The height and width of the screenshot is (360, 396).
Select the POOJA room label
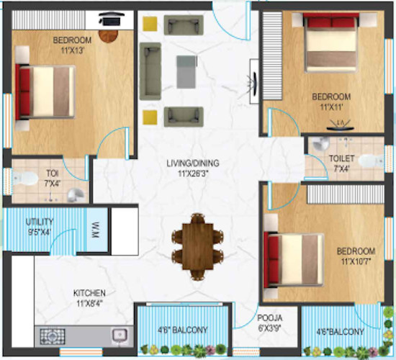pyautogui.click(x=270, y=318)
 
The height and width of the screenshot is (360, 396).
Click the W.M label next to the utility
pyautogui.click(x=95, y=231)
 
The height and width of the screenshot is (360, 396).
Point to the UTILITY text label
pyautogui.click(x=40, y=222)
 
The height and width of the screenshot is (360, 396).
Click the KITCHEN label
pyautogui.click(x=89, y=293)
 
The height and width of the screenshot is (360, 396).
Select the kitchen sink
pyautogui.click(x=120, y=335)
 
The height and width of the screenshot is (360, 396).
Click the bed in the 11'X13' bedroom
pyautogui.click(x=45, y=91)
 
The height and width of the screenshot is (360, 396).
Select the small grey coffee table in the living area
pyautogui.click(x=186, y=71)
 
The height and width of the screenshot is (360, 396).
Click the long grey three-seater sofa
pyautogui.click(x=150, y=71)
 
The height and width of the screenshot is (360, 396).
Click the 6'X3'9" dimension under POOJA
pyautogui.click(x=270, y=328)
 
